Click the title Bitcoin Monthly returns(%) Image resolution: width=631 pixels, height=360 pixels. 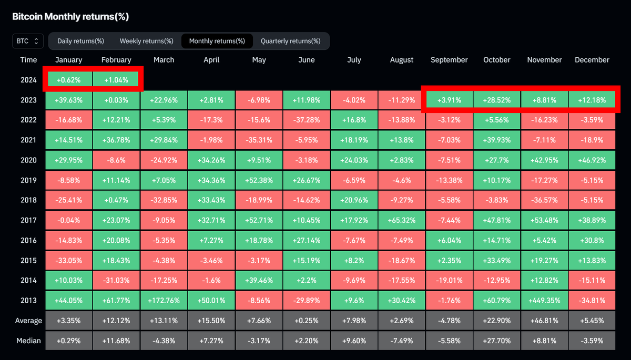(x=70, y=17)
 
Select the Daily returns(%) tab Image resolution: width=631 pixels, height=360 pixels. (x=80, y=40)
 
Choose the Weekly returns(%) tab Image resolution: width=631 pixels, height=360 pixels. (x=146, y=40)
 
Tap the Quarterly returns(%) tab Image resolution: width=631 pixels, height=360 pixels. (x=290, y=40)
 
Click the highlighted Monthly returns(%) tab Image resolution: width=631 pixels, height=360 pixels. (x=217, y=40)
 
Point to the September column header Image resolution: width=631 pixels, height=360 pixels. (x=449, y=60)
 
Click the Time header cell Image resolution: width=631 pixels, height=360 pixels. (x=28, y=60)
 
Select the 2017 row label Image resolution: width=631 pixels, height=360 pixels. (x=28, y=220)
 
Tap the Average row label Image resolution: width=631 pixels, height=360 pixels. (x=28, y=321)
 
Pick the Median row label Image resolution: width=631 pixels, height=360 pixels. (x=28, y=341)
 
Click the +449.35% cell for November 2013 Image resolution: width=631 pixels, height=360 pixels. (x=544, y=301)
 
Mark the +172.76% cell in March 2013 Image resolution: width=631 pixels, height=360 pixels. (x=164, y=301)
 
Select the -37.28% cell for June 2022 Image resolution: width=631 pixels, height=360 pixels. (x=306, y=120)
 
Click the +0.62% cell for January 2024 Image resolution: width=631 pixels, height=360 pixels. (x=69, y=80)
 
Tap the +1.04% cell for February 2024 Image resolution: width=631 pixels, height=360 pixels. (x=116, y=80)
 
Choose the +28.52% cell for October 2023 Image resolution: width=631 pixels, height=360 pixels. (x=496, y=100)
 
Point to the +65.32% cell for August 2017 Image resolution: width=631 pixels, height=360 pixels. (x=401, y=220)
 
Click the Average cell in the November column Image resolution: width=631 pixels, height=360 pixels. (x=544, y=321)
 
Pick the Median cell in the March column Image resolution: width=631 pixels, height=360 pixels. (x=164, y=341)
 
